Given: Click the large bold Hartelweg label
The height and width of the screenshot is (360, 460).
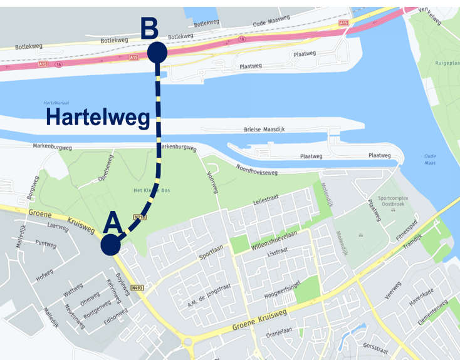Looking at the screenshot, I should [x=98, y=117].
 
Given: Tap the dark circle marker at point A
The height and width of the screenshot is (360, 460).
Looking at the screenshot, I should [x=110, y=245].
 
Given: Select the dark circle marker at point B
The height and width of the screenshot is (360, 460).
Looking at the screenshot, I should [x=157, y=53].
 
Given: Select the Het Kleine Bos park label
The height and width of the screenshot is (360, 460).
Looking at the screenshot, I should [x=148, y=190].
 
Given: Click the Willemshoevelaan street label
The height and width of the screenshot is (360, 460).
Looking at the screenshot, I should [x=280, y=240].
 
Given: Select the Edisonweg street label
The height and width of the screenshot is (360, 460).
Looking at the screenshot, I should [x=117, y=317].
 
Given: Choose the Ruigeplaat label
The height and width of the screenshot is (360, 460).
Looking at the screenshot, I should [x=446, y=63].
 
